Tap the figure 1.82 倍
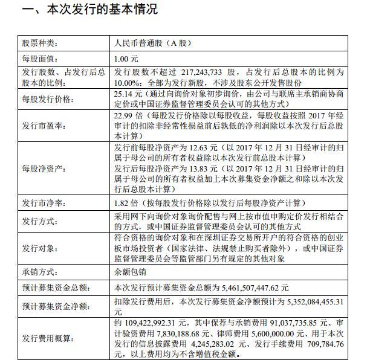[126, 203]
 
